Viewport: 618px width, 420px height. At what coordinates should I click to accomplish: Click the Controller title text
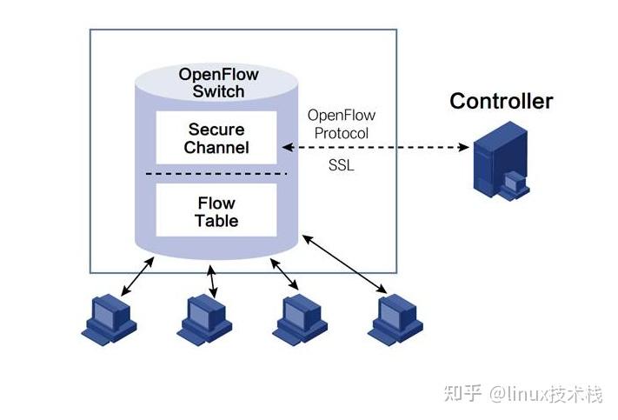pos(501,101)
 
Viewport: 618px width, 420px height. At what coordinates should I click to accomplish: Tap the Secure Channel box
pos(216,137)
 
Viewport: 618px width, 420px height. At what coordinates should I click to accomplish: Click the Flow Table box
pos(216,210)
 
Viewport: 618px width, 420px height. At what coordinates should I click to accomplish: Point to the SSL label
pos(342,165)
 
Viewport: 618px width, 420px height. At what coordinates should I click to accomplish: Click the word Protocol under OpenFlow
pos(342,133)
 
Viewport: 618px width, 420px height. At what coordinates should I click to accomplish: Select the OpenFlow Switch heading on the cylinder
pos(218,83)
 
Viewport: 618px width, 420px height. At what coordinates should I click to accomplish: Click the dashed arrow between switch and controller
pos(374,148)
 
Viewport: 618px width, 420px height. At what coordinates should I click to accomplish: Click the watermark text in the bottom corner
pos(522,394)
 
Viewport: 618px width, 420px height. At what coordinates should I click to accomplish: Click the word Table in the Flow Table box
pos(216,220)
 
